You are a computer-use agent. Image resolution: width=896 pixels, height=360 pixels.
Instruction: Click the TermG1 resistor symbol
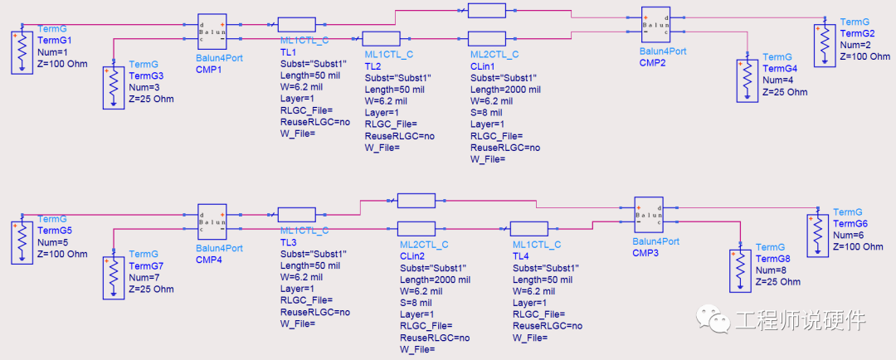point(22,51)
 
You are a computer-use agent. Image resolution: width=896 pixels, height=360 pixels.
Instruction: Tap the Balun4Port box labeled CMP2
point(655,26)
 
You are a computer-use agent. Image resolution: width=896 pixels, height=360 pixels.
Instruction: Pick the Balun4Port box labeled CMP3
point(649,216)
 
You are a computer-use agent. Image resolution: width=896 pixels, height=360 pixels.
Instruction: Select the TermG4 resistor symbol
point(747,76)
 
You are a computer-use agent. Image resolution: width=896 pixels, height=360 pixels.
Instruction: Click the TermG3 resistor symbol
point(114,85)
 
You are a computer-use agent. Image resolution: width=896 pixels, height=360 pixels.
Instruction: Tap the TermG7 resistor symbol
point(113,275)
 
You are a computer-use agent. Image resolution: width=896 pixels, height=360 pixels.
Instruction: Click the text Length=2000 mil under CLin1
point(505,90)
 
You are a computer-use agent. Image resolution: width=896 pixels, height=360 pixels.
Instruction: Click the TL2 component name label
point(373,66)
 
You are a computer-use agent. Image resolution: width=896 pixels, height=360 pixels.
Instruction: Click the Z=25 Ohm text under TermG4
point(785,92)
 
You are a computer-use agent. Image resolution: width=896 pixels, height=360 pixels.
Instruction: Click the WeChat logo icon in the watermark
point(712,318)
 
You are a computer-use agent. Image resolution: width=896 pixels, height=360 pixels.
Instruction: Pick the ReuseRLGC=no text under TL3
point(315,312)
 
